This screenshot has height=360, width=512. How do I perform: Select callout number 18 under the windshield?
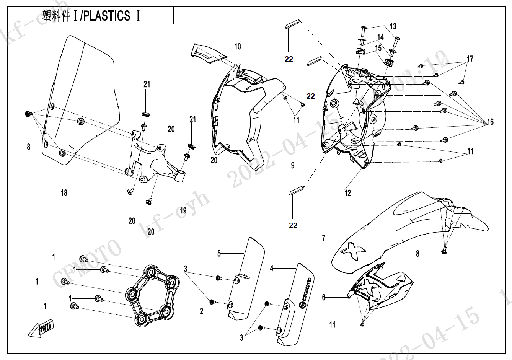64,192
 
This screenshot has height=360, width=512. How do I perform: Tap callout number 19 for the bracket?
183,210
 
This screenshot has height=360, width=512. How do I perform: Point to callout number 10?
238,47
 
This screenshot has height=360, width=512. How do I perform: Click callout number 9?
292,165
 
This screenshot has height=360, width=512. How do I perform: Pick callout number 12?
347,193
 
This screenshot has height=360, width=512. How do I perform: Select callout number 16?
490,122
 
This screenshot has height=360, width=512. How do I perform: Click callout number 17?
470,59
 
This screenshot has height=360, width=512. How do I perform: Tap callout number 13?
393,27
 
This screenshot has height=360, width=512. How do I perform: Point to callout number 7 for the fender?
324,238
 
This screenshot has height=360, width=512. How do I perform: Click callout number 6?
324,297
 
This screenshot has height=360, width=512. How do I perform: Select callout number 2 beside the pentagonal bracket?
201,311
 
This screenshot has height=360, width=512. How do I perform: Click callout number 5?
219,253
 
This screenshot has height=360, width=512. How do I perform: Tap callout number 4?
272,269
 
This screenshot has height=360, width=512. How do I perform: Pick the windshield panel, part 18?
80,99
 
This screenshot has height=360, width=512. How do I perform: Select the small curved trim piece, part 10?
208,52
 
